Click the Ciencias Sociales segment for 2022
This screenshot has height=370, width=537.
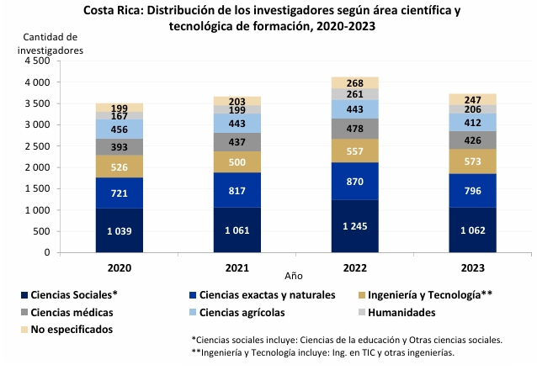pos(354,225)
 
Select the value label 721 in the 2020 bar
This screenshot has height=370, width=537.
pos(119,193)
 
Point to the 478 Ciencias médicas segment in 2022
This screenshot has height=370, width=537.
pos(354,129)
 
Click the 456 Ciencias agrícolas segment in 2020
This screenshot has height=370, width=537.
pos(119,129)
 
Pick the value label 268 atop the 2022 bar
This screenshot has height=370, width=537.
pos(354,82)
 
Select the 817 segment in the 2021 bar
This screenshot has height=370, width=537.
pos(237,189)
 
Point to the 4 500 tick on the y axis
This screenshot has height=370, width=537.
pos(38,61)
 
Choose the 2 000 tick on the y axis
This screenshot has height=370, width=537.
pos(38,167)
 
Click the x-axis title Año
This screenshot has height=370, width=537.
pos(293,275)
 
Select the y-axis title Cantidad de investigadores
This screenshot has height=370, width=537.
pos(51,44)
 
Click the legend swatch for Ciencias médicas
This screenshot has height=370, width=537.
pos(25,313)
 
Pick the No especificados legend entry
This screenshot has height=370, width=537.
pos(72,330)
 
